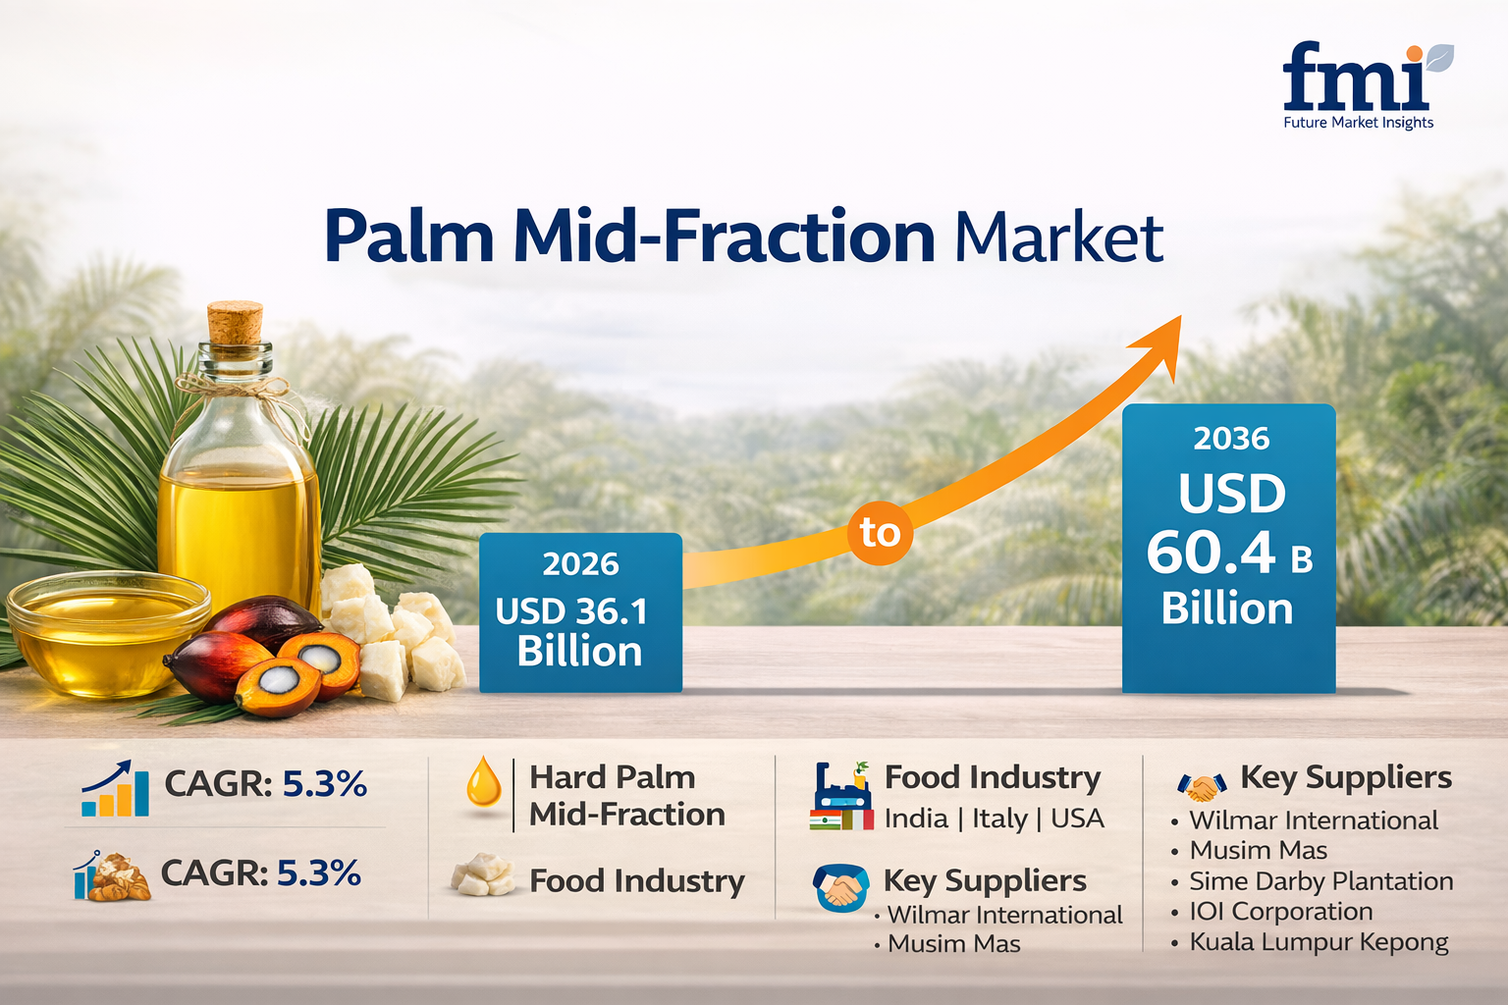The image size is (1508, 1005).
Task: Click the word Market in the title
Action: coord(1058,238)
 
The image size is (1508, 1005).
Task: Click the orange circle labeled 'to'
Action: coord(880,533)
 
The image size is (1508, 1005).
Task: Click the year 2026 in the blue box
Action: coord(580,564)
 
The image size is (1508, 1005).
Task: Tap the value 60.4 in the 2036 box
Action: coord(1211,553)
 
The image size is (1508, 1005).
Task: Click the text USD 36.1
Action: coord(571,611)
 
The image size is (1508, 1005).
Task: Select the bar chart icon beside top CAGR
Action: coord(115,789)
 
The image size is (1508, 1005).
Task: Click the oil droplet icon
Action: coord(483,782)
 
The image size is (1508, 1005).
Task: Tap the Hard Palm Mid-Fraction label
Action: coord(626,795)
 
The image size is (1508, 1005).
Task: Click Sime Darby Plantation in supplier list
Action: coord(1320,881)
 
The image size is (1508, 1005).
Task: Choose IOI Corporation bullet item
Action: coord(1280,912)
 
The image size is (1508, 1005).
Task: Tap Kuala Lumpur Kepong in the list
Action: coord(1319,942)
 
